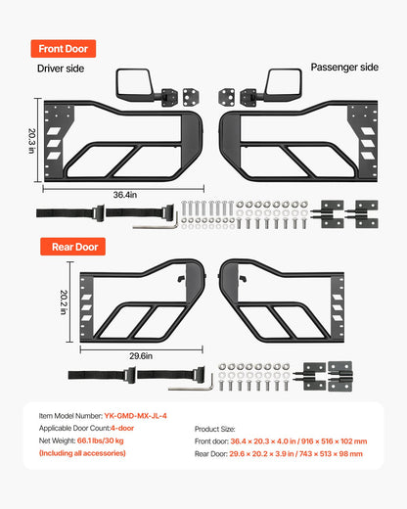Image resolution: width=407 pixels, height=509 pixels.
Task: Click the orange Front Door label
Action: point(64,49)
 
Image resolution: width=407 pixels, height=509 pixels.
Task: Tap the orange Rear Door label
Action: point(72,247)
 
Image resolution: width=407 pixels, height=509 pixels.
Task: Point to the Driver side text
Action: point(61,69)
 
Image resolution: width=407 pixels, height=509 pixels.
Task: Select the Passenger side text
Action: point(344,68)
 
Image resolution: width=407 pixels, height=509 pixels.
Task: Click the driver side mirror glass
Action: point(134,83)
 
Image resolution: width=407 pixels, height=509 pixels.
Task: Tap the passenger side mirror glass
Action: point(283,84)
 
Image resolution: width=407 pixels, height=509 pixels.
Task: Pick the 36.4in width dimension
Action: point(125,195)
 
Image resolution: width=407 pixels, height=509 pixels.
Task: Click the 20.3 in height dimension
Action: point(32,141)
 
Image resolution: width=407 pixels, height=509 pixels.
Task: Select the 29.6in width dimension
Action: point(141,356)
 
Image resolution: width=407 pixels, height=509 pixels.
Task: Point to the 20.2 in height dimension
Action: point(64,302)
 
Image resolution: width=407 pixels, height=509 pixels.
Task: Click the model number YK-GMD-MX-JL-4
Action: point(135,416)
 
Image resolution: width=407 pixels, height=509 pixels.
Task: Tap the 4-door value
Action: point(122,428)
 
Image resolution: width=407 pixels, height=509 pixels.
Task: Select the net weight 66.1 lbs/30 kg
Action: point(101,440)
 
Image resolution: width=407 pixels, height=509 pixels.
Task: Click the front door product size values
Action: point(298,441)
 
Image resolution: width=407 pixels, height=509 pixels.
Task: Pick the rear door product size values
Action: point(295,454)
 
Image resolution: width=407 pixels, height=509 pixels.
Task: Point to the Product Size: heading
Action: point(214,429)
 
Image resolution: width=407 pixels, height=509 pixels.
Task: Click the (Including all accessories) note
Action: point(82,453)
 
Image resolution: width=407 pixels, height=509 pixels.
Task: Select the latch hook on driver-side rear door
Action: point(181,279)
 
